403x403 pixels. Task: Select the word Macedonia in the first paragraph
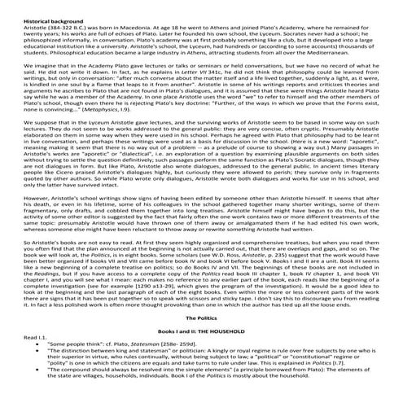tap(169, 16)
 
